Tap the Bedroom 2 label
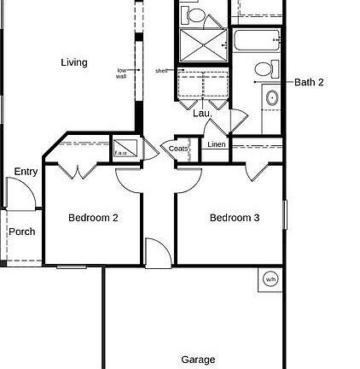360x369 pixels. (93, 218)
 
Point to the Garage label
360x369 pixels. (198, 360)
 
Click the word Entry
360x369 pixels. (26, 172)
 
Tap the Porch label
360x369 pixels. (23, 231)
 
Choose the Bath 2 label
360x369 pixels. (309, 83)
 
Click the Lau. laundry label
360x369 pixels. (201, 113)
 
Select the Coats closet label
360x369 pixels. (178, 149)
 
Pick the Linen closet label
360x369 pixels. (217, 144)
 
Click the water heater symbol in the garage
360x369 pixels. (270, 278)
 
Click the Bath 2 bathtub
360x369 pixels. (256, 40)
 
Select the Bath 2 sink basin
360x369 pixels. (272, 98)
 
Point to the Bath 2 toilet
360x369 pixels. (264, 70)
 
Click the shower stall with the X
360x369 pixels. (204, 44)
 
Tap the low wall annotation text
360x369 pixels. (120, 73)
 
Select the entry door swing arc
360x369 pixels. (24, 195)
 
